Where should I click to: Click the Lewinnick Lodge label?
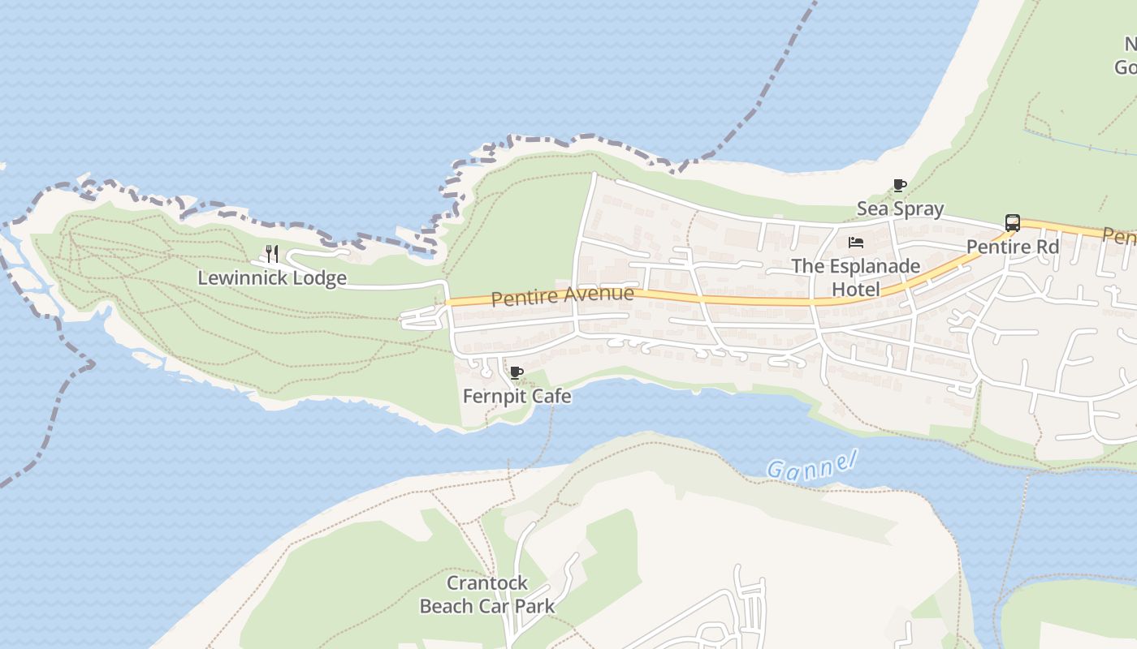tap(272, 278)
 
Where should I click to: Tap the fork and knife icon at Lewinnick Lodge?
tap(272, 254)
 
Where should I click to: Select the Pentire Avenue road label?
tap(562, 295)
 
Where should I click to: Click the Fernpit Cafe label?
tap(517, 397)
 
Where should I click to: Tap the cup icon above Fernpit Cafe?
tap(516, 373)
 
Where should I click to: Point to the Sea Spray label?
tap(900, 209)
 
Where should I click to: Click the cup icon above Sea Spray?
tap(899, 186)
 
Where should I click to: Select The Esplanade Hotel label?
tap(856, 277)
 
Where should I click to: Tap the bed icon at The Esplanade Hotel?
tap(855, 243)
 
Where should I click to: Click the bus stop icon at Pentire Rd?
tap(1013, 223)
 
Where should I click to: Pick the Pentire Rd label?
tap(1013, 247)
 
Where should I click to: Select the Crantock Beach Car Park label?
tap(487, 595)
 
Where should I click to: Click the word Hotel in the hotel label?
tap(856, 290)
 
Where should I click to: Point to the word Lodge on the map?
tap(319, 278)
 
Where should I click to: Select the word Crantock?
tap(487, 583)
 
